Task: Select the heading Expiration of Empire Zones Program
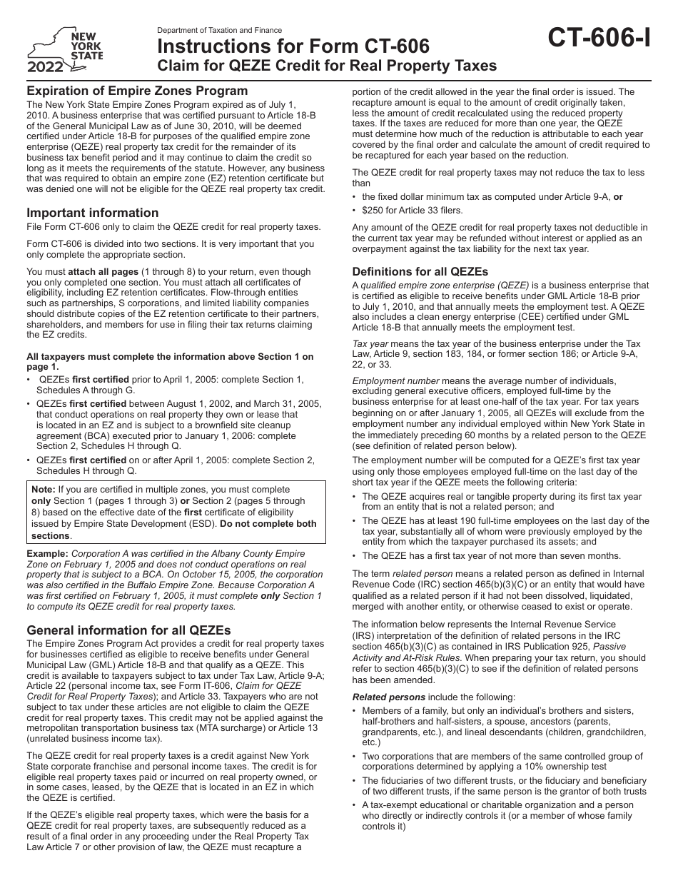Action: (137, 91)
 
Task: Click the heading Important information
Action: (93, 213)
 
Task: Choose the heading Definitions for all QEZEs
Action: (420, 271)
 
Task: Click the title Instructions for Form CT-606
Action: (293, 47)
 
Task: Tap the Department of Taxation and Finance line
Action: (219, 31)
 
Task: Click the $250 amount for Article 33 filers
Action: (376, 210)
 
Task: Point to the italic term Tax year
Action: (370, 343)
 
